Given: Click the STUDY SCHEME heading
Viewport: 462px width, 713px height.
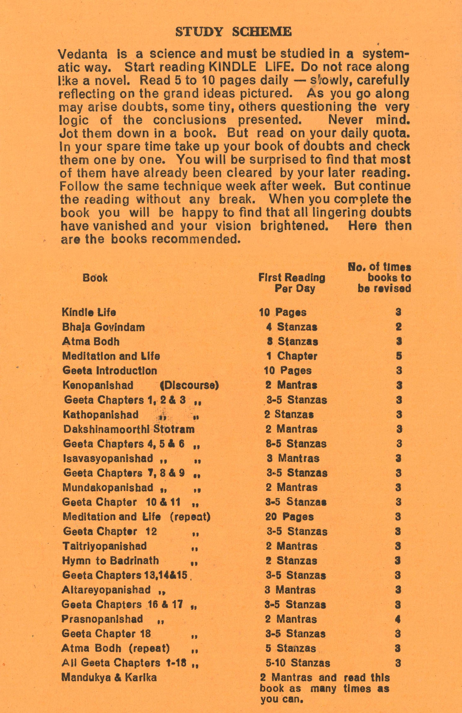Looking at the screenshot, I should (233, 32).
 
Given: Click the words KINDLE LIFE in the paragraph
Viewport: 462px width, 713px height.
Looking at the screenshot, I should (233, 67).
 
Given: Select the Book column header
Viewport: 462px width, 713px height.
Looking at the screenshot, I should (95, 278).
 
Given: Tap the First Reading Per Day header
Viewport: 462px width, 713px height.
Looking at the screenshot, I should (292, 283).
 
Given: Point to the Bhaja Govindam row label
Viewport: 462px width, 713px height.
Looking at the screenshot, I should (103, 327).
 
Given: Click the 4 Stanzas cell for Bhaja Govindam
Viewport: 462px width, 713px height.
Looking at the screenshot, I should (291, 327).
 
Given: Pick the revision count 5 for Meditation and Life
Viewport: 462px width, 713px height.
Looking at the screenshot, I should (399, 356).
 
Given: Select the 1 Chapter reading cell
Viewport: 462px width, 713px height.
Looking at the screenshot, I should (291, 356).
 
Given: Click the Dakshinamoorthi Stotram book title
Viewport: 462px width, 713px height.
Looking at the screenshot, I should (129, 429).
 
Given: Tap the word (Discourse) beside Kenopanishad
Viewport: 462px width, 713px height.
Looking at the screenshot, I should (189, 385).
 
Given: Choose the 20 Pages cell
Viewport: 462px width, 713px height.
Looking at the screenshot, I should (289, 517).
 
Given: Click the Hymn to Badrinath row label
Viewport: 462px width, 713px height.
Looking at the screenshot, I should (111, 560).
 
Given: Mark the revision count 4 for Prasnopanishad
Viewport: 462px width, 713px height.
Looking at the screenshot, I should (398, 619).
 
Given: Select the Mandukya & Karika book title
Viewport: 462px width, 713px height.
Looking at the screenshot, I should (109, 678).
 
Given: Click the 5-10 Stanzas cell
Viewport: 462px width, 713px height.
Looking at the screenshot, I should (298, 663).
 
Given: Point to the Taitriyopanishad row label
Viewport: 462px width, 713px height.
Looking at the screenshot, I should (105, 546).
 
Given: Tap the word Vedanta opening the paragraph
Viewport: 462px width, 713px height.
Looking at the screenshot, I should (83, 54).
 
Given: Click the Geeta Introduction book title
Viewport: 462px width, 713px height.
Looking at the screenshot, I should (110, 370).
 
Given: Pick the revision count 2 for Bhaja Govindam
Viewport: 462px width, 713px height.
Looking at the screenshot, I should (399, 327).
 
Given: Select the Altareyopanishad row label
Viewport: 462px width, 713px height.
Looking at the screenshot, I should (106, 590).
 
